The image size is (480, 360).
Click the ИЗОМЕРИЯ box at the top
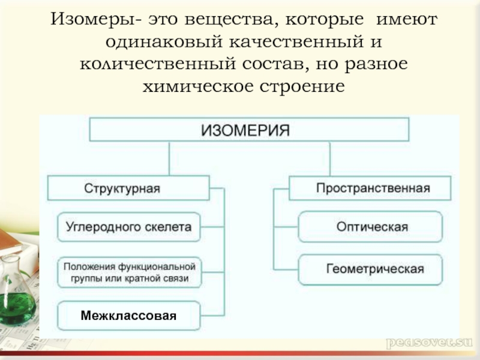pyautogui.click(x=250, y=130)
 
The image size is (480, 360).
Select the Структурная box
pyautogui.click(x=128, y=188)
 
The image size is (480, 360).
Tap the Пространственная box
pyautogui.click(x=370, y=188)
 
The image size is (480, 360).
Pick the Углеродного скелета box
pyautogui.click(x=129, y=227)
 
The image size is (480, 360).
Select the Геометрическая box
pyautogui.click(x=370, y=268)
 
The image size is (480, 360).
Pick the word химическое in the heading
pyautogui.click(x=196, y=86)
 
